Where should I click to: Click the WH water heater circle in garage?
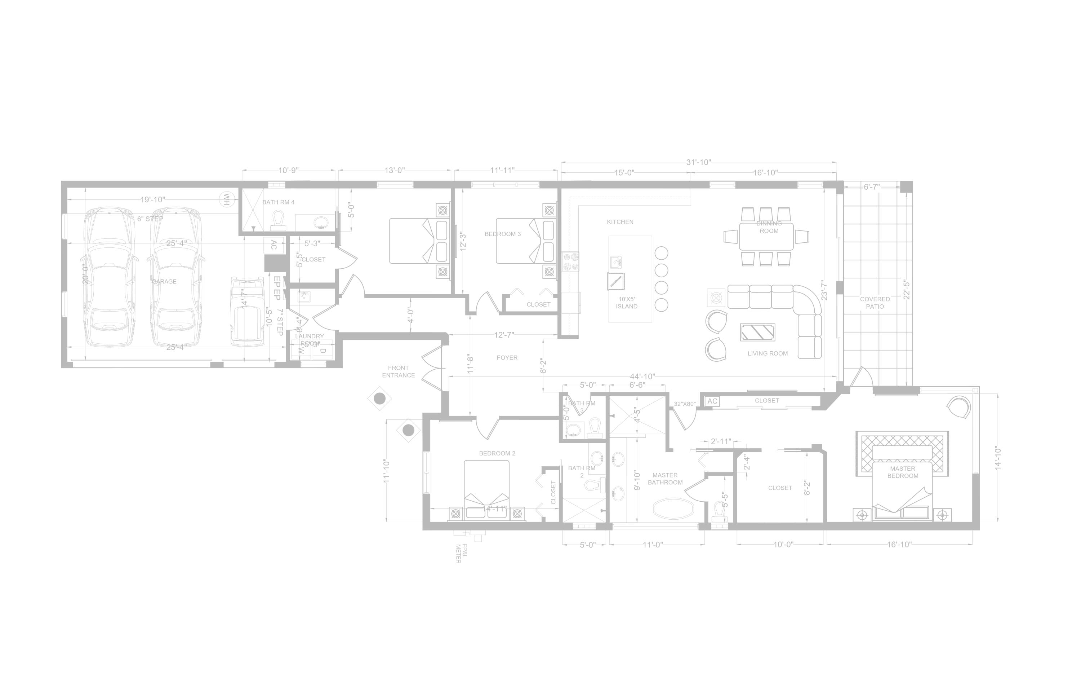(226, 199)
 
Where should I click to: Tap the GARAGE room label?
(164, 282)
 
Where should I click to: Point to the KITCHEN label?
(620, 222)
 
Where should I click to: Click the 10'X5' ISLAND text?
(626, 303)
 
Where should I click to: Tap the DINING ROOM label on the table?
(769, 227)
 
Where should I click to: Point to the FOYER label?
(507, 358)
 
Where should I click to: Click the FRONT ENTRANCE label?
(398, 371)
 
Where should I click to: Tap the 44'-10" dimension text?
(642, 377)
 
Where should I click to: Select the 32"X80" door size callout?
(685, 404)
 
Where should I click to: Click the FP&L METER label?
(461, 553)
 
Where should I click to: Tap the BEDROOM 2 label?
(497, 453)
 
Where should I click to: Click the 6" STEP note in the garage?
(150, 219)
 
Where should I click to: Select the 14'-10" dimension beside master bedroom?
(997, 458)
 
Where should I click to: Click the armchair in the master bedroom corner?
(959, 407)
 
